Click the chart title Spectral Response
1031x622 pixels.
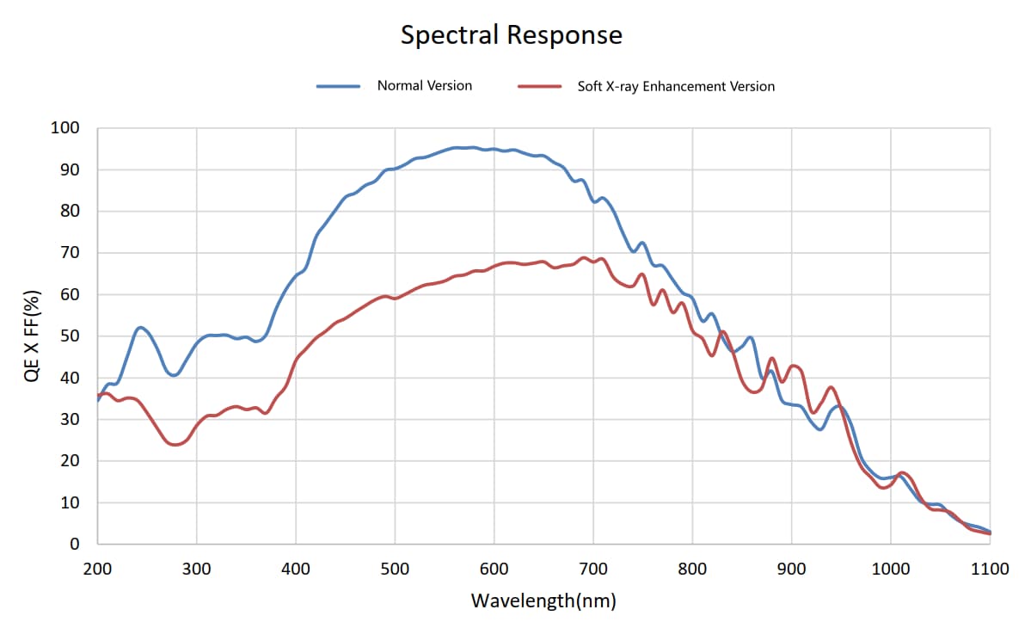tap(512, 35)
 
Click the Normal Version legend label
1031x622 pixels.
tap(424, 85)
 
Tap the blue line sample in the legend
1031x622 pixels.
tap(338, 86)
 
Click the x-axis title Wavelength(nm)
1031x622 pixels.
tap(543, 600)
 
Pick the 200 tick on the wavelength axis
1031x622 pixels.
tap(98, 569)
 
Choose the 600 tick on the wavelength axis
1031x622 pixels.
tap(494, 569)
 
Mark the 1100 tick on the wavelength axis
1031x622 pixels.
tap(990, 569)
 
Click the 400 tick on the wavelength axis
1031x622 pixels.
tap(296, 569)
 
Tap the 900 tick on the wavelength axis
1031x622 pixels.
tap(791, 569)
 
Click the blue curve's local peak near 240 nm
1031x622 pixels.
tap(140, 328)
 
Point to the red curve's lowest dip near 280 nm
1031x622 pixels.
tap(176, 445)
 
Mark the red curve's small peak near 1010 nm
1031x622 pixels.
tap(901, 472)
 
